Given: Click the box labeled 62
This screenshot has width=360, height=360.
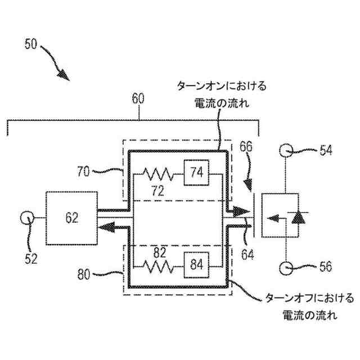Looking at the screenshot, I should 71,217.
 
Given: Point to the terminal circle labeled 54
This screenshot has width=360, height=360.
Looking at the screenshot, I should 286,150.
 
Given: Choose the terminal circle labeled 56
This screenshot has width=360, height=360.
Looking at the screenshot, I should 286,267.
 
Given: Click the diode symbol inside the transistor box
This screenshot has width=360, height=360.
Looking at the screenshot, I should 299,217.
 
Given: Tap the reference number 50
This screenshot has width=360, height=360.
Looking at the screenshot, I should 33,44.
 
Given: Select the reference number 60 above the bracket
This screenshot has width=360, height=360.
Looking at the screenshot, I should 138,99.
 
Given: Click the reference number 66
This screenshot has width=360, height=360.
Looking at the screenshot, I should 246,147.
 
